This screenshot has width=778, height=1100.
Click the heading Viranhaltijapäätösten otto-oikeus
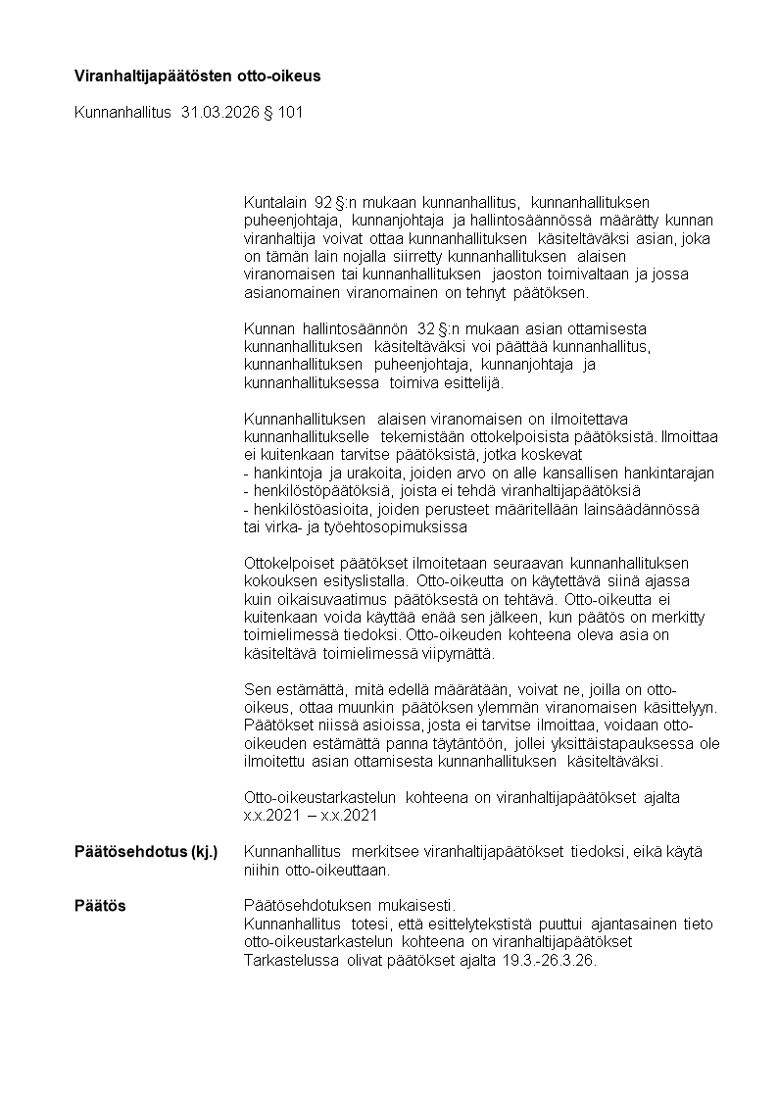coord(197,75)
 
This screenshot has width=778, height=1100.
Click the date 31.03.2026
coord(220,113)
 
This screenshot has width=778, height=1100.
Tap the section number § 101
coord(282,113)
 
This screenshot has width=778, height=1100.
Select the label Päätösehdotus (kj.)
coord(146,851)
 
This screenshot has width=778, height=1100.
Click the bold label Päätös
coord(100,906)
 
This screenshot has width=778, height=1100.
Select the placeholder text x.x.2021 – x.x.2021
coord(310,815)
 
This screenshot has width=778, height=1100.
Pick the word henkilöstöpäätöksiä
coord(319,490)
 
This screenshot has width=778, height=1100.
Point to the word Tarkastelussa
coord(290,960)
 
